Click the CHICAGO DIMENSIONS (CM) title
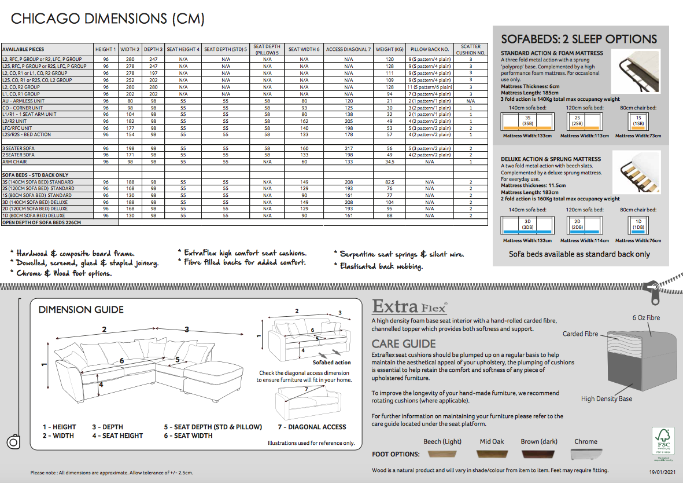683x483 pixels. [108, 19]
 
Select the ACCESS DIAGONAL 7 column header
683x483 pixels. [348, 50]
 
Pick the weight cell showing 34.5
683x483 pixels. [389, 162]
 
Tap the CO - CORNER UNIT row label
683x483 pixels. [23, 108]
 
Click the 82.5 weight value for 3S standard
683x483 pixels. [389, 182]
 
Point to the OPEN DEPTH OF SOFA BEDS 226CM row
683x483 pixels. [42, 222]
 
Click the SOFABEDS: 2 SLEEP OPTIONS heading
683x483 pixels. [579, 39]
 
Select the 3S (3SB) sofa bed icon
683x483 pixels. [527, 121]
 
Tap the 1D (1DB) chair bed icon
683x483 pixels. [638, 225]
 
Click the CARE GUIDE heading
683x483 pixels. [404, 344]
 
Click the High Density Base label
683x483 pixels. [607, 398]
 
